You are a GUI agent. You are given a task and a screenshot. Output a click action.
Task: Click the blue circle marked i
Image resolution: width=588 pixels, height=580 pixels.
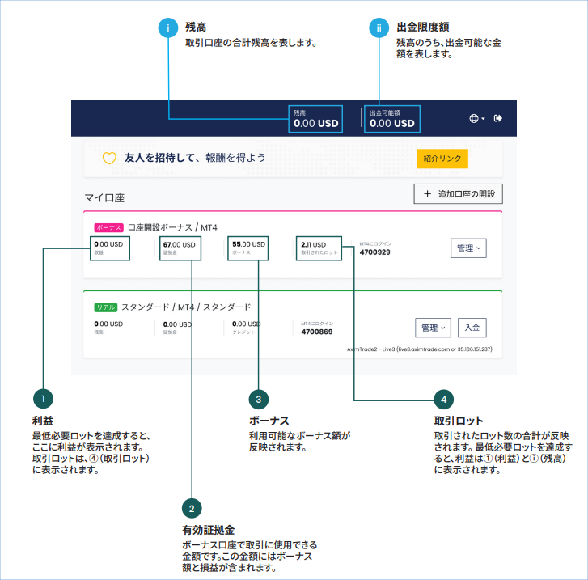(168, 28)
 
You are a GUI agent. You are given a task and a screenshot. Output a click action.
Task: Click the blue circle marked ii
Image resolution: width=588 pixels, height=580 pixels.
(378, 28)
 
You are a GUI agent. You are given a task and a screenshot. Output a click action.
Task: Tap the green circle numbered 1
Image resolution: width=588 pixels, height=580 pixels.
(43, 399)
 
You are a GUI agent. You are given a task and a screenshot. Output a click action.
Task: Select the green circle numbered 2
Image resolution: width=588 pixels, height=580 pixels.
(192, 509)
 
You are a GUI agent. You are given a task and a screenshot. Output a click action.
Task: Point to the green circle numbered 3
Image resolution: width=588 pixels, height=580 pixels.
(257, 399)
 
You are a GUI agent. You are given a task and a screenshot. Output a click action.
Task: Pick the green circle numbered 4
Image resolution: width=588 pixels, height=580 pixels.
(442, 399)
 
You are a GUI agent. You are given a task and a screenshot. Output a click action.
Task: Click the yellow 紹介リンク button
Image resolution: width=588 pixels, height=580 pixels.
(442, 159)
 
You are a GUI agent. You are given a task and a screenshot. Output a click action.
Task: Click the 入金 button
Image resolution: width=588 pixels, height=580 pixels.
(472, 328)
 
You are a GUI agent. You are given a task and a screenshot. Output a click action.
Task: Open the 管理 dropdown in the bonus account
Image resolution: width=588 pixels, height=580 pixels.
(468, 248)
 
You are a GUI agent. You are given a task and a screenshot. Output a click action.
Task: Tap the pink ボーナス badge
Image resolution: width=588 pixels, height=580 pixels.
(108, 228)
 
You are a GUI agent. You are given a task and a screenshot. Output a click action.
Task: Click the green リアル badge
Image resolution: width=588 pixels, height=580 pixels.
(106, 307)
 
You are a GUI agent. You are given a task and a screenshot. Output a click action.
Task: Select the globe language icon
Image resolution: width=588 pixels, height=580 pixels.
(475, 118)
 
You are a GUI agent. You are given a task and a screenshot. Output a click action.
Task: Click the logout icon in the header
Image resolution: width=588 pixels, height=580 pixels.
(498, 118)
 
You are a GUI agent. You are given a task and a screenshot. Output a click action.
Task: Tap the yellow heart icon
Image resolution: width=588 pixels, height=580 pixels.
(109, 159)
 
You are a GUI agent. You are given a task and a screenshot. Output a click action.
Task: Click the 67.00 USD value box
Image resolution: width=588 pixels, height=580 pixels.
(179, 248)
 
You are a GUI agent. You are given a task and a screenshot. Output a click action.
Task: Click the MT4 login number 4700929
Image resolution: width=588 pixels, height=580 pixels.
(374, 252)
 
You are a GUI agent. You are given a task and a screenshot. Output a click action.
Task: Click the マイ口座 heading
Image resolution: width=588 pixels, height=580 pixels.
(104, 197)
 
